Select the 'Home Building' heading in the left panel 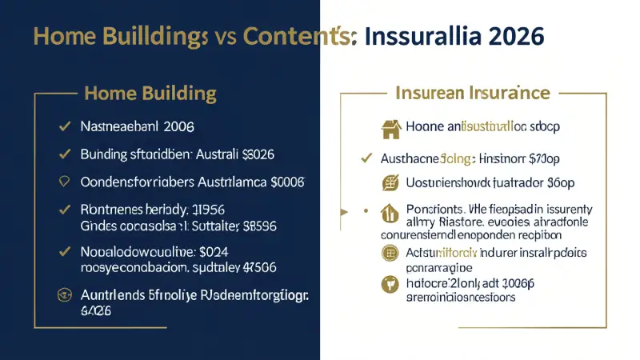[150, 94]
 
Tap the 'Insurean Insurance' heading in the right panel [472, 93]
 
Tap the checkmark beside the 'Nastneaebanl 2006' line [62, 126]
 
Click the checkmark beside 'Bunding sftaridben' [62, 153]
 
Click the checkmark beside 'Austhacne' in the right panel [366, 158]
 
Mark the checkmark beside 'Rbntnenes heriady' [62, 210]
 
